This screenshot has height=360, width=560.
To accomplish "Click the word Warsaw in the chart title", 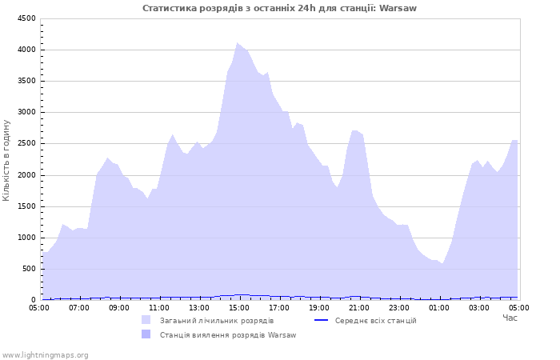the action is [398, 8].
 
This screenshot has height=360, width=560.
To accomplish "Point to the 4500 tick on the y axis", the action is [26, 18].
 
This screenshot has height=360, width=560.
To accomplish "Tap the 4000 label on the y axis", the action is [26, 50].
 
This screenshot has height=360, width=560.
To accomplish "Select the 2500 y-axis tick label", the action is [26, 143].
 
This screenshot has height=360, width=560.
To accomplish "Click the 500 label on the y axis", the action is [29, 269].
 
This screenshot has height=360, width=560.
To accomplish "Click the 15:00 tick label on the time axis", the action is [239, 308].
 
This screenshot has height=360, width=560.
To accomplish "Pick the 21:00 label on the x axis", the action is [359, 308].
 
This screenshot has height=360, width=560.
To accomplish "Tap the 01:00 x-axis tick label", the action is [439, 308].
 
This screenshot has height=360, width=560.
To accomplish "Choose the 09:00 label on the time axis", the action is [119, 308].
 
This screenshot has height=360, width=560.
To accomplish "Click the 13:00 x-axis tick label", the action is [199, 308].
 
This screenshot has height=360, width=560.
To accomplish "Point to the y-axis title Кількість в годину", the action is [6, 160].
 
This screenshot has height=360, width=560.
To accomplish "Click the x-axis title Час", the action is [510, 318].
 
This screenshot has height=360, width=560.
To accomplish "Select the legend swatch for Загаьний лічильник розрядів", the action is [146, 320].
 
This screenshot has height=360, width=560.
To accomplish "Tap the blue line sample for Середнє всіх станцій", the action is [321, 320].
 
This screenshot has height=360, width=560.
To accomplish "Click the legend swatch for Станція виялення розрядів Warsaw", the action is [146, 334].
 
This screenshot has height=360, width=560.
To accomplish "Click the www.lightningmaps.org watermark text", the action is [45, 355].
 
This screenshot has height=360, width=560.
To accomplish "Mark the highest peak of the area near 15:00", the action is [237, 43].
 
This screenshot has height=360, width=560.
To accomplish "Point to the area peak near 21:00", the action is [354, 130].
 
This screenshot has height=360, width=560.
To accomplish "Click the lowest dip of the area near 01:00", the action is [442, 263].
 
